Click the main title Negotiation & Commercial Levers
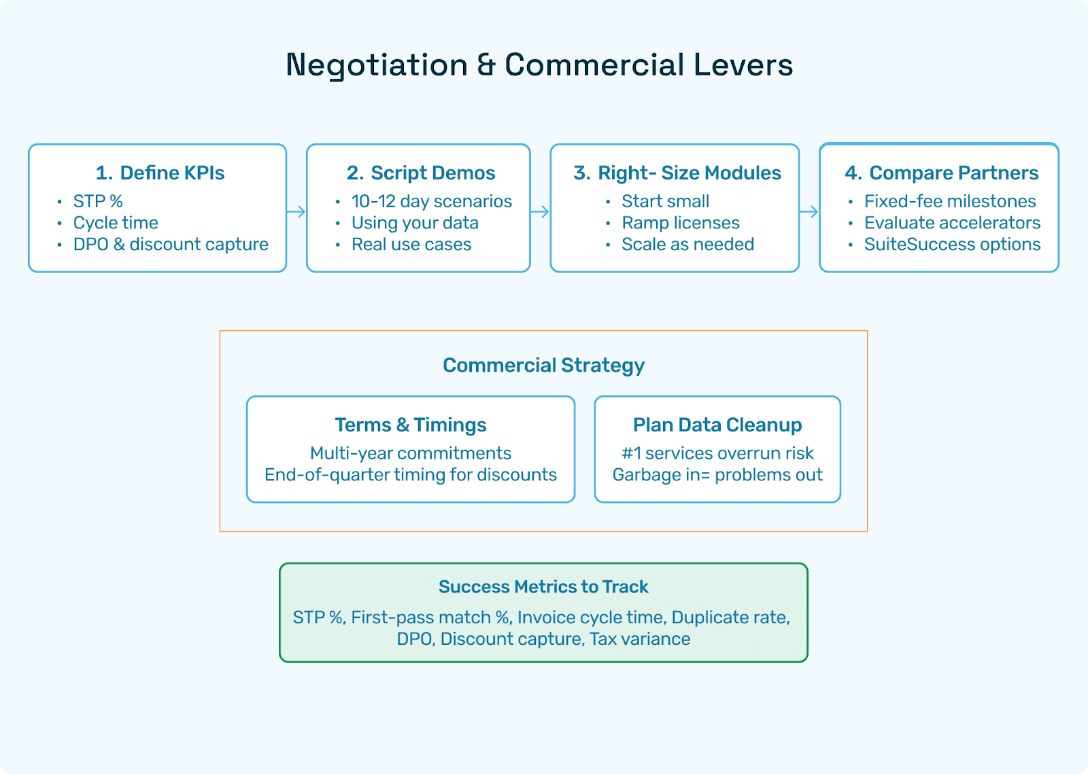pos(539,65)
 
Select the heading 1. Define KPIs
pos(160,173)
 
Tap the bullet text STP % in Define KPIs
pos(98,202)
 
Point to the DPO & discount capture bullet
pos(171,245)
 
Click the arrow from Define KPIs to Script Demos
pos(296,212)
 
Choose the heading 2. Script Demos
pos(421,173)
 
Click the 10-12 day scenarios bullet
pos(431,202)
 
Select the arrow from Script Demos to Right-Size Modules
pos(540,212)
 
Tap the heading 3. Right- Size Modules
pos(677,173)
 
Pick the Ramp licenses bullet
pos(680,223)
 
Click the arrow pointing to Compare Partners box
pos(809,212)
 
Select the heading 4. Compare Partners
pos(941,173)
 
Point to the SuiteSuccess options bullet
pos(952,245)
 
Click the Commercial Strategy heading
pos(543,366)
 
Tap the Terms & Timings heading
pos(411,425)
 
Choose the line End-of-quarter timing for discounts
pos(411,475)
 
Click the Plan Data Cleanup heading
pos(717,425)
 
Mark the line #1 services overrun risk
pos(717,453)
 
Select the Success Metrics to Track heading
pos(543,587)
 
